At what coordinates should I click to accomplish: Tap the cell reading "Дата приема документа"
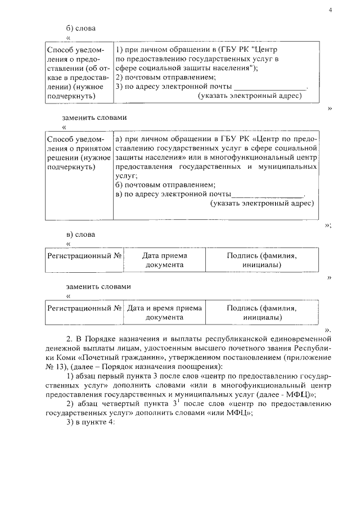click(x=164, y=260)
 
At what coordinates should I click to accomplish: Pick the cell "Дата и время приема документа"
click(x=164, y=313)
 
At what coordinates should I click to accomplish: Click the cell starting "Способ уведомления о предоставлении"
click(x=79, y=73)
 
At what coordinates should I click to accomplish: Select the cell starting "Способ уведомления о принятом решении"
click(x=79, y=153)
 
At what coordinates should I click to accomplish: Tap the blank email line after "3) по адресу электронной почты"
click(x=270, y=87)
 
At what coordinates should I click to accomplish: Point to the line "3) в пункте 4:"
click(x=91, y=423)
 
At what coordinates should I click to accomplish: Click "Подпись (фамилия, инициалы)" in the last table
click(x=262, y=313)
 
